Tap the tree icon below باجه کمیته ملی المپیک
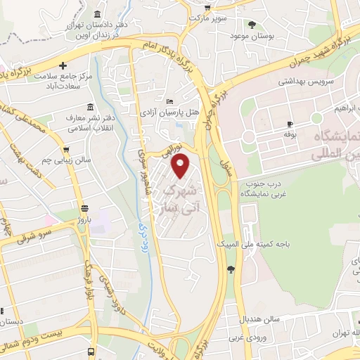click(x=231, y=268)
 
